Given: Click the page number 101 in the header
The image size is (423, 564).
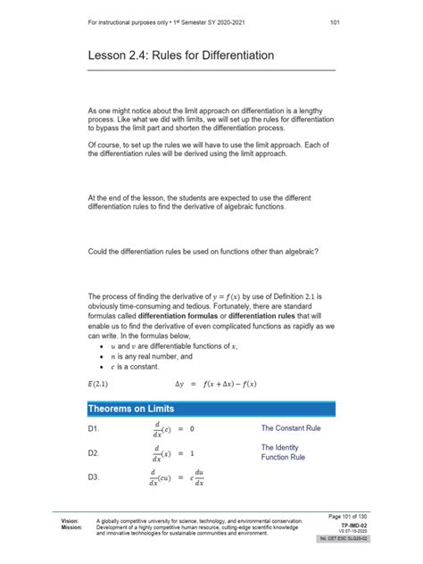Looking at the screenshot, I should (x=333, y=22).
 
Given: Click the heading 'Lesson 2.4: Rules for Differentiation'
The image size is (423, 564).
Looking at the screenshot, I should (x=180, y=56).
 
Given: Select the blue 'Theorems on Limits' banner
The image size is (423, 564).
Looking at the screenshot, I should (x=211, y=409).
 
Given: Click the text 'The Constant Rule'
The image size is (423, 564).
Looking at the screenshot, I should (x=291, y=428).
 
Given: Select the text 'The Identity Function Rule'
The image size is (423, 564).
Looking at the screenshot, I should (x=283, y=452).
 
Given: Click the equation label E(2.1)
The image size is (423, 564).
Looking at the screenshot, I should (x=101, y=385).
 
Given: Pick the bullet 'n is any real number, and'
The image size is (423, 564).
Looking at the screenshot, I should (x=149, y=356).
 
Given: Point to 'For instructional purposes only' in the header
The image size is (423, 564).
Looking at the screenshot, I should (x=120, y=22).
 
